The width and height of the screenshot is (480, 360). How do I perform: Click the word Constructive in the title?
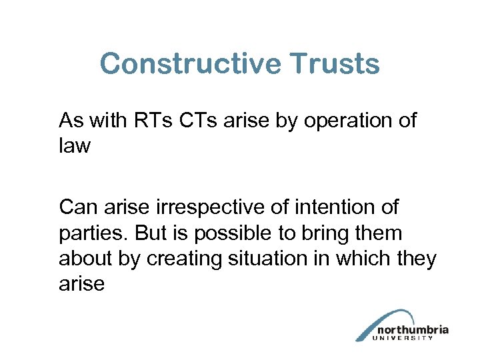click(190, 65)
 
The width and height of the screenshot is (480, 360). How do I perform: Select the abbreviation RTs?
click(167, 121)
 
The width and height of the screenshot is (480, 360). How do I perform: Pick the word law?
click(75, 146)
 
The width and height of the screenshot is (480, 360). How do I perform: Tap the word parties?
click(91, 233)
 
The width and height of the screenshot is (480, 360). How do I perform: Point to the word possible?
click(228, 233)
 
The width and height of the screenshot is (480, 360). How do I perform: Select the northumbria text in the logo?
click(413, 329)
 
